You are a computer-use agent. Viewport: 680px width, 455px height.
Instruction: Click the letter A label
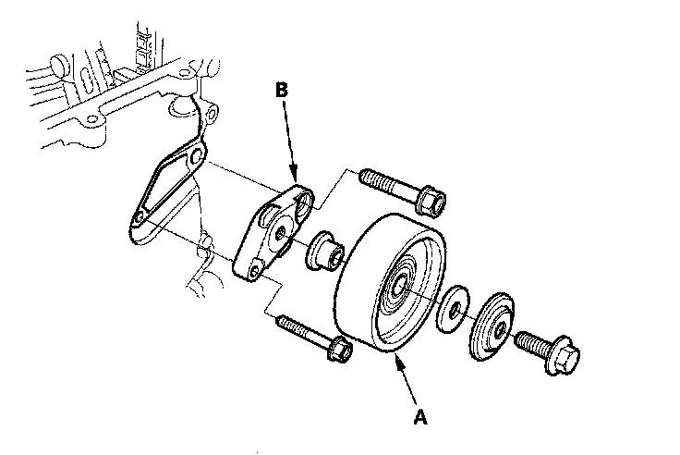[x=420, y=417]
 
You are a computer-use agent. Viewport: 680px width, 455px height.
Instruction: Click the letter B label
[x=284, y=90]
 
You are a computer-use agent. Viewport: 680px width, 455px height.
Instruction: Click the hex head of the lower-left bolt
[x=338, y=350]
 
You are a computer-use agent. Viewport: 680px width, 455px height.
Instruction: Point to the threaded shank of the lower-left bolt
[x=300, y=329]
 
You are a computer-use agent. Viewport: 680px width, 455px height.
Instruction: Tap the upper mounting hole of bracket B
[x=300, y=197]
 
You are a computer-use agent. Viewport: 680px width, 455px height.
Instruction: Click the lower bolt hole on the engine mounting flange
[x=138, y=218]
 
